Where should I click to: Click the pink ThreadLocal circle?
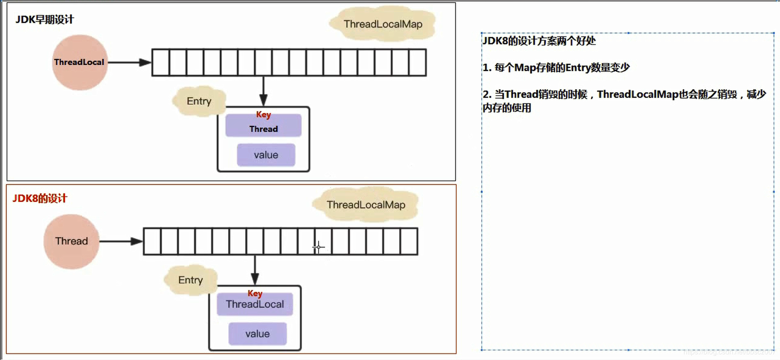click(80, 62)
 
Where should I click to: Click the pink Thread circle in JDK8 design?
click(71, 241)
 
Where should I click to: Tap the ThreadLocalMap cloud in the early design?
click(383, 24)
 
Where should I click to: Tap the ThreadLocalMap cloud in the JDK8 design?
click(366, 205)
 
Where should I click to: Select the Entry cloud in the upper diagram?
click(199, 101)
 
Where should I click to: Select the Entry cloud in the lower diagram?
click(190, 280)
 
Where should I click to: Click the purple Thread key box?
click(263, 129)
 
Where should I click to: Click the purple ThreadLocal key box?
click(255, 304)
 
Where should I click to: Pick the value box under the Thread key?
click(266, 155)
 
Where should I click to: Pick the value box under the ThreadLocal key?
click(257, 334)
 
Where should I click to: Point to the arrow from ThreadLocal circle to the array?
click(129, 62)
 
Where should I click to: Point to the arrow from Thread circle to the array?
click(120, 241)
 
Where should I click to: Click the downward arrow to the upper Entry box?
click(263, 91)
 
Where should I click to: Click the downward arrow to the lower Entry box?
click(255, 270)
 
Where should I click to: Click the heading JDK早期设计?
click(45, 19)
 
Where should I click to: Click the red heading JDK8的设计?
click(40, 198)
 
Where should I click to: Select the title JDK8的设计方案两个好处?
click(539, 41)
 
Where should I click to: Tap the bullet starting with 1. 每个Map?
click(556, 67)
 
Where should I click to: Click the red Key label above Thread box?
click(263, 114)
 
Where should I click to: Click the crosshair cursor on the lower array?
click(318, 247)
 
